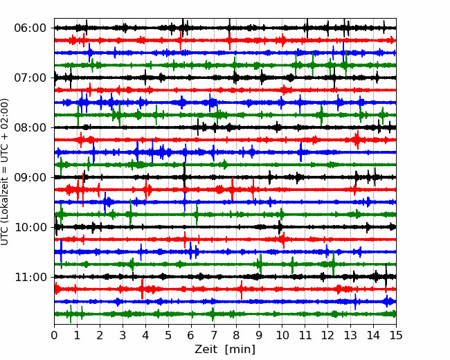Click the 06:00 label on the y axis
coord(30,28)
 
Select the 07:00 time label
coord(30,78)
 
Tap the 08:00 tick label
coord(30,127)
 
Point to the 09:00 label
coord(30,177)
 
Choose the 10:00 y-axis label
coord(30,227)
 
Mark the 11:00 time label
coord(30,277)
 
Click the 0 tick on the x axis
coord(54,335)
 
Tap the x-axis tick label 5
coord(168,335)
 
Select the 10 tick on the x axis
coord(282,335)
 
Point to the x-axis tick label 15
coord(396,335)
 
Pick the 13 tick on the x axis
coord(350,335)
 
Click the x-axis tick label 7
coord(214,335)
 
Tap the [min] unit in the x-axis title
coord(240,350)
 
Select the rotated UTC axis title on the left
coord(5,172)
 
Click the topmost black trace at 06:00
coord(225,28)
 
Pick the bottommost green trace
coord(225,314)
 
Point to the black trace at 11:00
coord(225,277)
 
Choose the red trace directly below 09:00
coord(225,190)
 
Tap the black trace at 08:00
coord(225,127)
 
